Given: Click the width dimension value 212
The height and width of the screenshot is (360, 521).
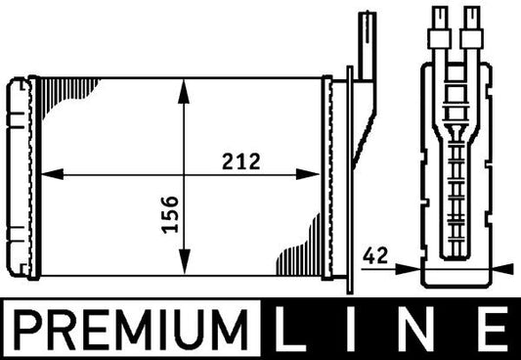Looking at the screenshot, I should [x=239, y=161].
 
